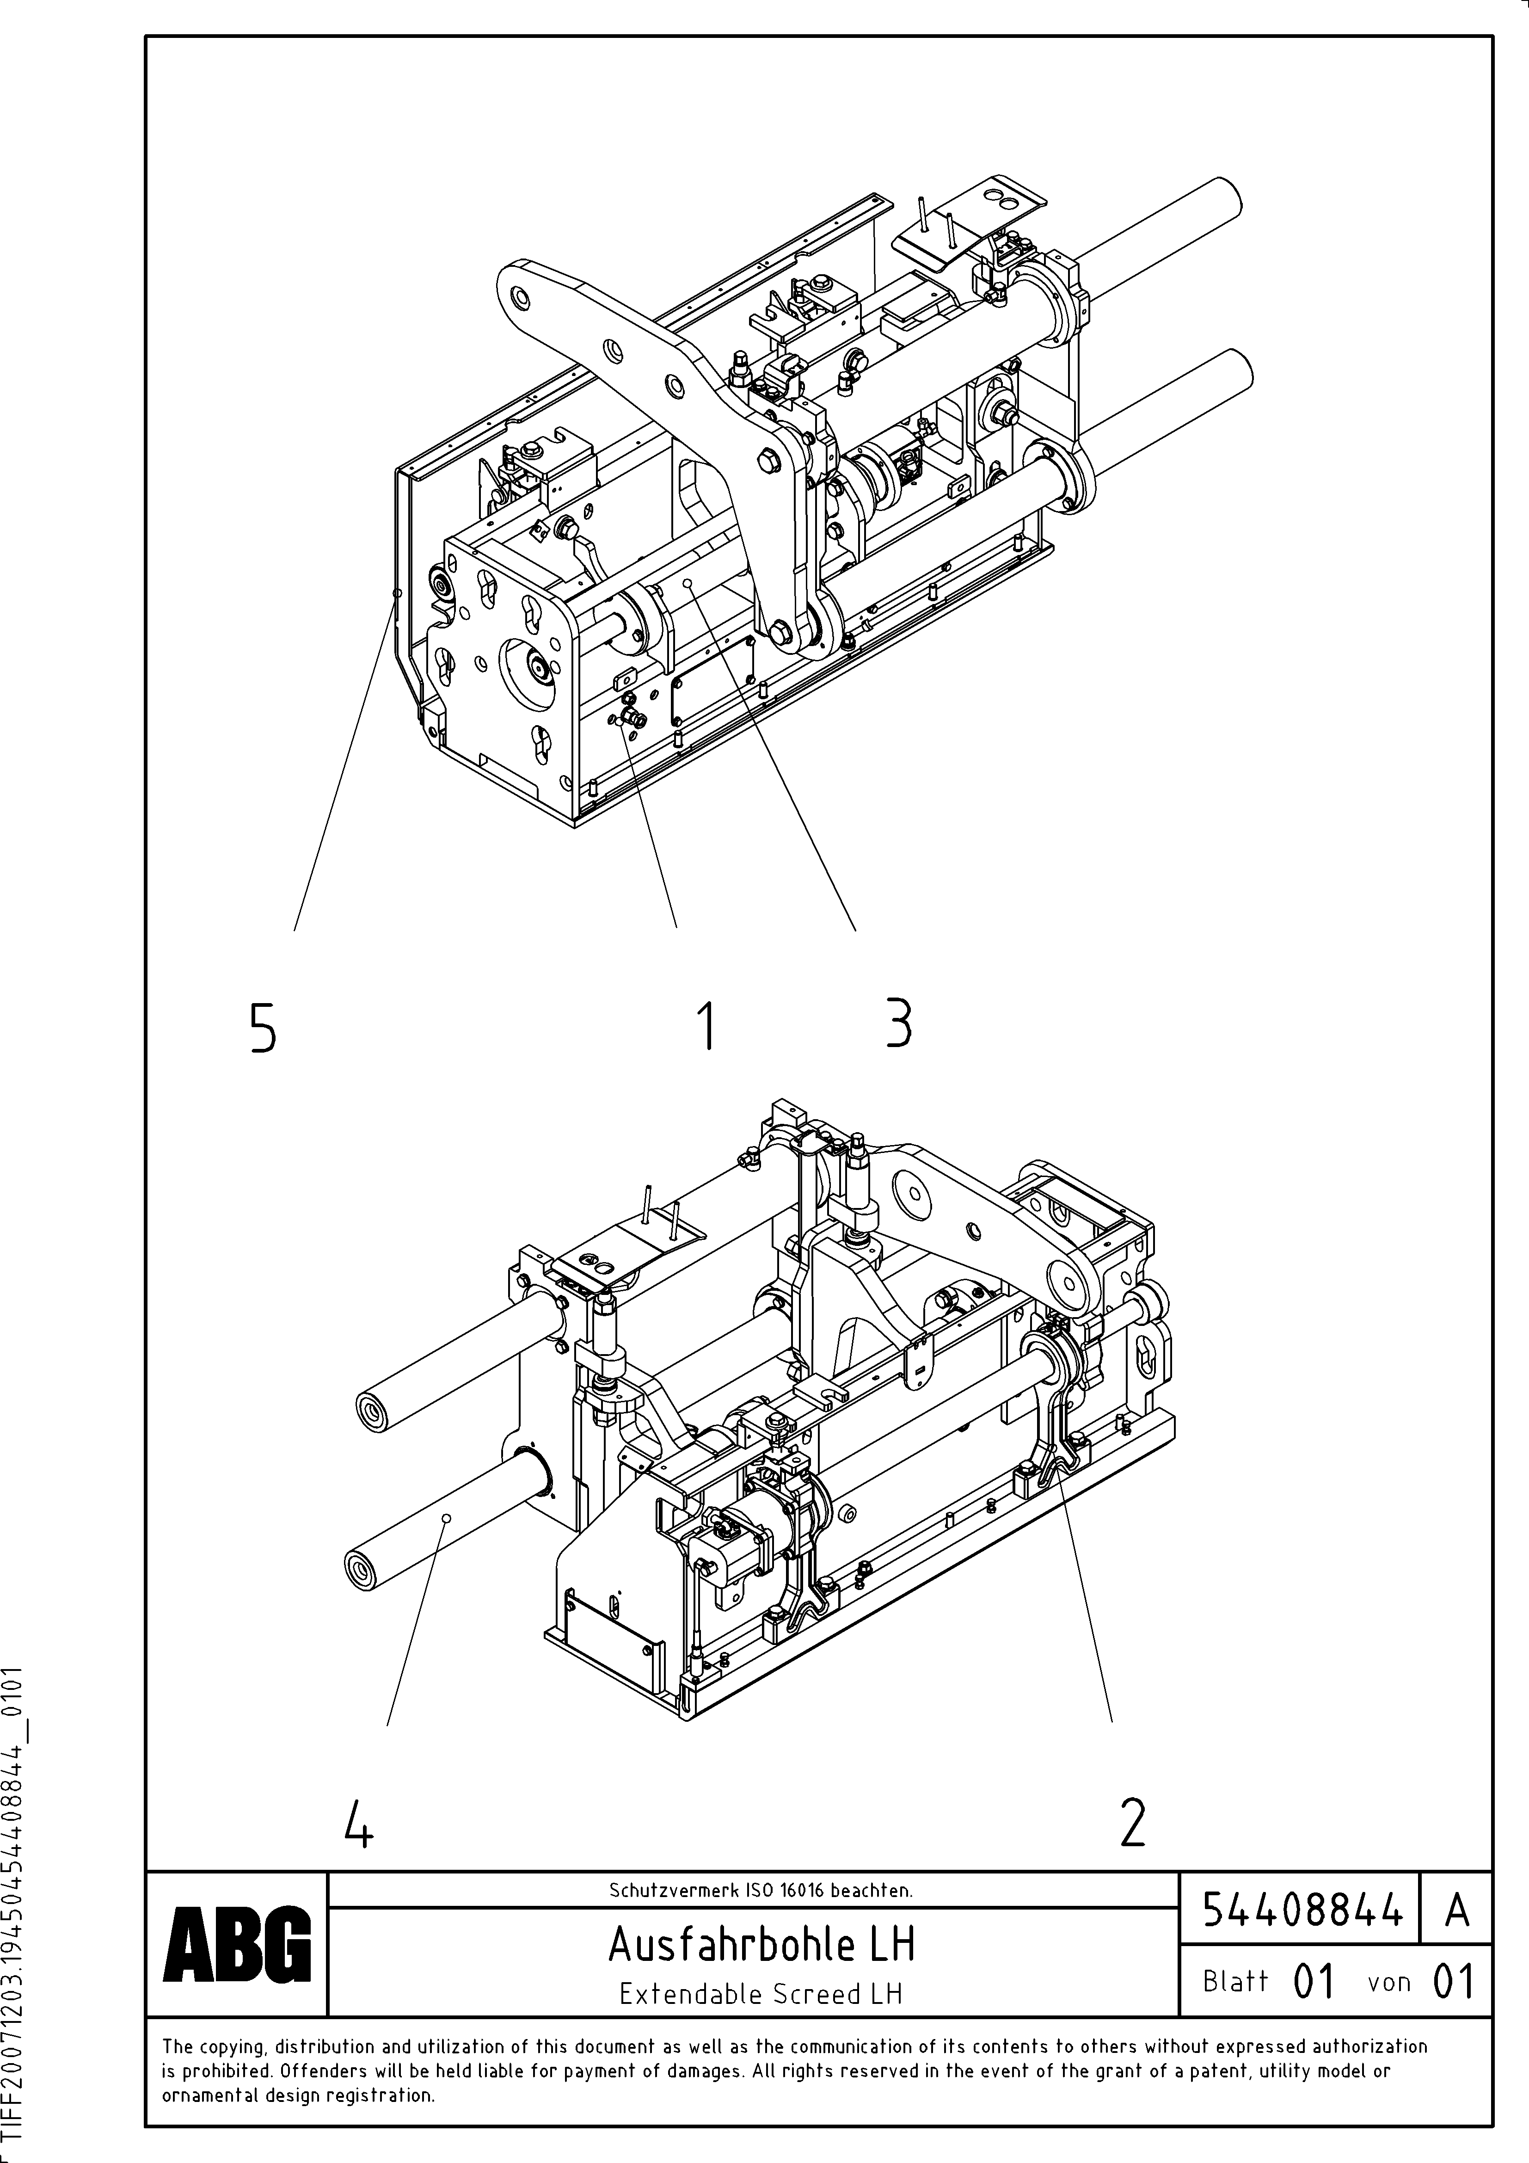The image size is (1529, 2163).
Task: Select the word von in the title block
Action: point(1388,1982)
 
